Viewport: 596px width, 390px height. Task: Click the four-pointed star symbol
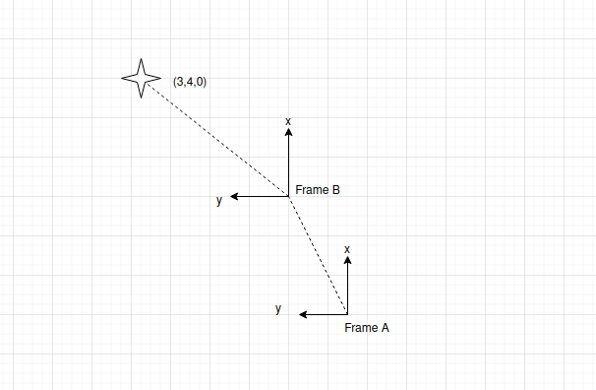click(141, 78)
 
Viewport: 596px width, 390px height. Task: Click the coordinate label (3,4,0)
click(190, 82)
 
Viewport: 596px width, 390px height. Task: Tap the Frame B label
click(318, 189)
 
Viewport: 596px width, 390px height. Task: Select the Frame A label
click(367, 328)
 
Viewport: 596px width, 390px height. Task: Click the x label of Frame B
click(288, 121)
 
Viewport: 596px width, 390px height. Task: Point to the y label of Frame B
click(219, 200)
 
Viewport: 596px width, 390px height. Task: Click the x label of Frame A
click(346, 249)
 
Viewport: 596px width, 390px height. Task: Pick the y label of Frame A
click(278, 308)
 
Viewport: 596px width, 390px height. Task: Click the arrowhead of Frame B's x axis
click(288, 132)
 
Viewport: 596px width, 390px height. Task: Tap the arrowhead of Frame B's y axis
click(234, 196)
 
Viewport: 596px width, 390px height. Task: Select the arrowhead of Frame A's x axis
click(347, 260)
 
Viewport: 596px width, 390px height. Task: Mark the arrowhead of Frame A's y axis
click(303, 314)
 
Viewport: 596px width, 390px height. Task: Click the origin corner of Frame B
click(288, 196)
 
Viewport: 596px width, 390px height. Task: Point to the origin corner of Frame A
click(347, 314)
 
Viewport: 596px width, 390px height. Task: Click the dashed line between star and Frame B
click(218, 140)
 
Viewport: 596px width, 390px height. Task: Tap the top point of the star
click(141, 59)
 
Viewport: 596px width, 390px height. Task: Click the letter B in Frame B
click(335, 189)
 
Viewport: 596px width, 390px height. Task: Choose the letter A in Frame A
click(385, 328)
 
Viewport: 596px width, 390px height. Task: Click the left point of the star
click(122, 78)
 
